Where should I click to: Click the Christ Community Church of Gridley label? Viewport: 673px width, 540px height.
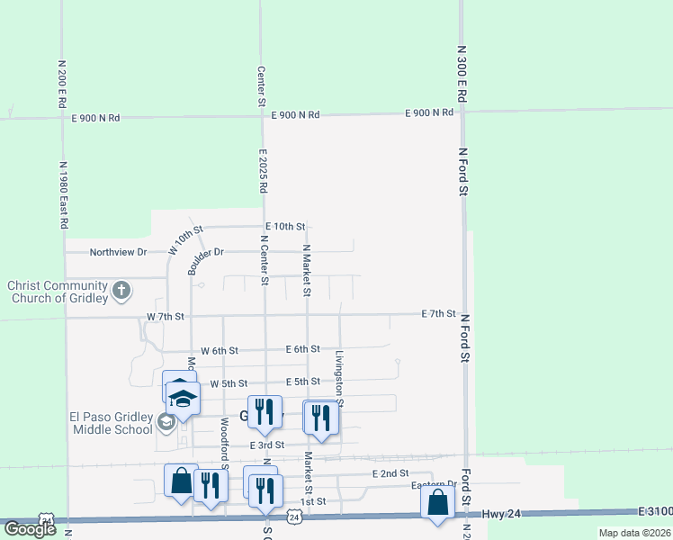(56, 292)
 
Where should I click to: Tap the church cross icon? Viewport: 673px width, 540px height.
(121, 292)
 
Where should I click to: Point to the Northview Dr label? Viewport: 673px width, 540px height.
(118, 252)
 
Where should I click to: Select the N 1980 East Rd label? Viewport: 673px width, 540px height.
(65, 195)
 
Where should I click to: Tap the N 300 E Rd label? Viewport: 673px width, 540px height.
(462, 74)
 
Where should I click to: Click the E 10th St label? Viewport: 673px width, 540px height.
(285, 227)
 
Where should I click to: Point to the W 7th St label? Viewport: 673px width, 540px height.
(166, 317)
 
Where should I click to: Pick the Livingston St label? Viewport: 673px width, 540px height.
(340, 378)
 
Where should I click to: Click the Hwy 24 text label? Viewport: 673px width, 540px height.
(529, 513)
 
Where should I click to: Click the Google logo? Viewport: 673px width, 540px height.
(30, 529)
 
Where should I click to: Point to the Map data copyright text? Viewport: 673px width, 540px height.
(634, 533)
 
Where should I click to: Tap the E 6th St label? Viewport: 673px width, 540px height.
(302, 349)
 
